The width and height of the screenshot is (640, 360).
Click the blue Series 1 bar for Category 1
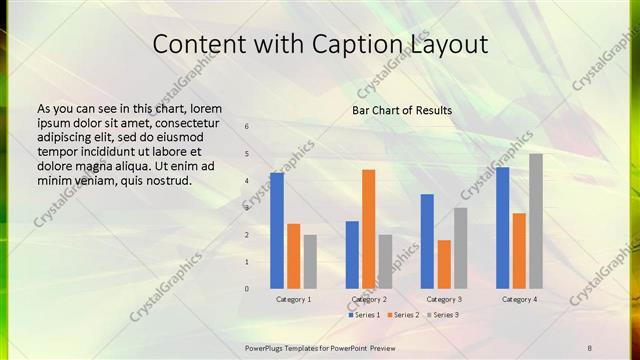277,230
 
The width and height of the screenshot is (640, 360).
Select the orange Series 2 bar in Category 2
368,228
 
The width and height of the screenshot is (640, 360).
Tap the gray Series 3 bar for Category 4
536,220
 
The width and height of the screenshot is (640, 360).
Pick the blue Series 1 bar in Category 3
427,241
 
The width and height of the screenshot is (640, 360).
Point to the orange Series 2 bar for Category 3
444,264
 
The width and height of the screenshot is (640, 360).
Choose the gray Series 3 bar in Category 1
310,261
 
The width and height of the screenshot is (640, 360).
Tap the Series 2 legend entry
404,315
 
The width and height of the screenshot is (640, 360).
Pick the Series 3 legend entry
443,315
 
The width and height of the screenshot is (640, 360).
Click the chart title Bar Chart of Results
402,110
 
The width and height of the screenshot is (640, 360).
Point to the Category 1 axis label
294,299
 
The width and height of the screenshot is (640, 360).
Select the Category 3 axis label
444,299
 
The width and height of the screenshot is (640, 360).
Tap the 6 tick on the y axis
247,127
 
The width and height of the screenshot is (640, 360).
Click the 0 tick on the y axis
247,289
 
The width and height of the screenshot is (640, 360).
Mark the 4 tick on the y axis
247,181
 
